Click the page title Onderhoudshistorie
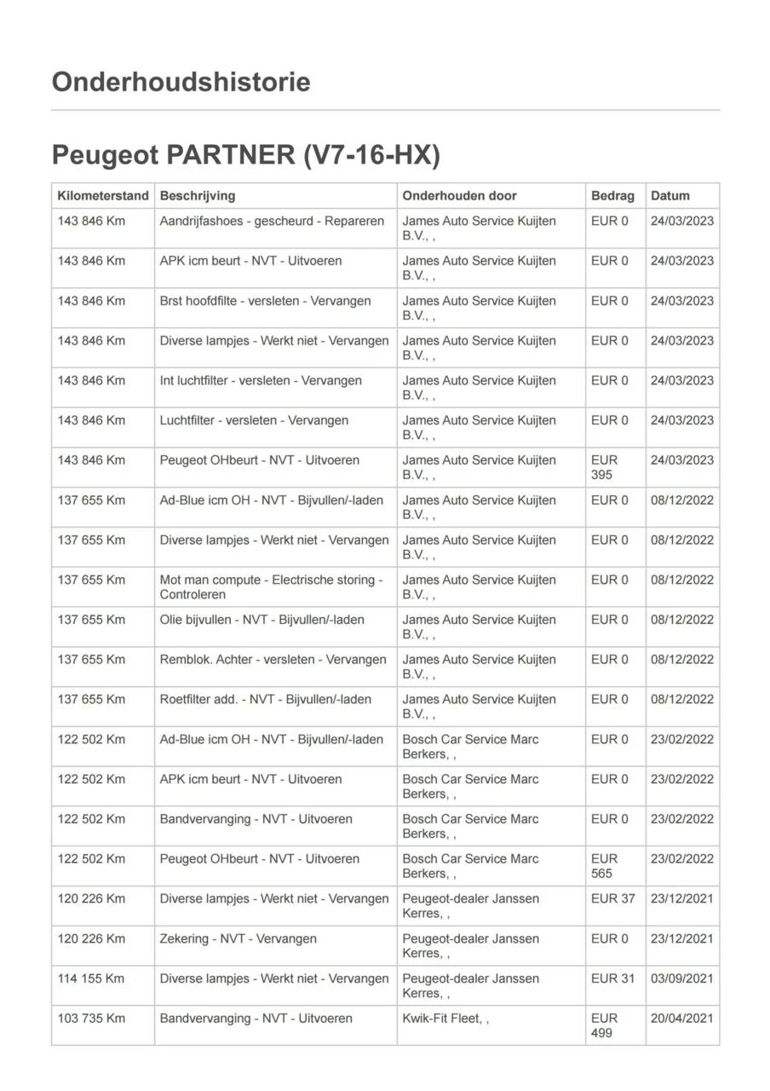pyautogui.click(x=181, y=82)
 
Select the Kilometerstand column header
pyautogui.click(x=103, y=196)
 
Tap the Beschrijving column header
pyautogui.click(x=198, y=196)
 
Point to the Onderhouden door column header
pyautogui.click(x=459, y=196)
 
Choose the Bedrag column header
pyautogui.click(x=612, y=196)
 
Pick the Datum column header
pyautogui.click(x=670, y=196)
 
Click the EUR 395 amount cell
pyautogui.click(x=604, y=467)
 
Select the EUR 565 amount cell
pyautogui.click(x=604, y=866)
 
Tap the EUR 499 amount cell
pyautogui.click(x=604, y=1025)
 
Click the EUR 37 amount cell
pyautogui.click(x=612, y=898)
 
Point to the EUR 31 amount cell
pyautogui.click(x=612, y=978)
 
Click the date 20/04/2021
pyautogui.click(x=682, y=1019)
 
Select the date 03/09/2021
pyautogui.click(x=682, y=978)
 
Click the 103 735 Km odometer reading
pyautogui.click(x=91, y=1019)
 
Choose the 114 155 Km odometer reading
pyautogui.click(x=91, y=978)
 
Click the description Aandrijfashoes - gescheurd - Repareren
pyautogui.click(x=272, y=221)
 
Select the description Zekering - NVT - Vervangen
pyautogui.click(x=238, y=938)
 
